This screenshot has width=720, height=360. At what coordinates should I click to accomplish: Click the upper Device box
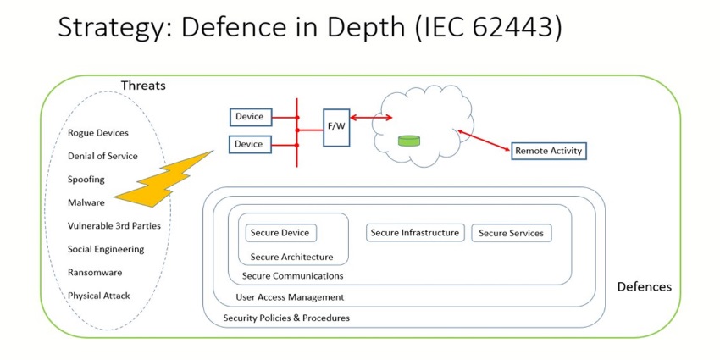[248, 117]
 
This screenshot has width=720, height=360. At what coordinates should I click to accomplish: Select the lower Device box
[248, 144]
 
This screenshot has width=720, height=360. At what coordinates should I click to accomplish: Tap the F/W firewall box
[336, 127]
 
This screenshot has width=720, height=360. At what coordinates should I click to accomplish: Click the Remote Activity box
[548, 151]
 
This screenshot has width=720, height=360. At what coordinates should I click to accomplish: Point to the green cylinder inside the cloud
[410, 140]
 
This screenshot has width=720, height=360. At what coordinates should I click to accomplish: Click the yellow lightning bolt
[166, 180]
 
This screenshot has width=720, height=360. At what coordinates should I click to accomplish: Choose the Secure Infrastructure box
[415, 233]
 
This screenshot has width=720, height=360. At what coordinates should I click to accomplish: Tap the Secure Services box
[511, 233]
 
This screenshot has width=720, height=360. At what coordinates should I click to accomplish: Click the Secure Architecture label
[291, 257]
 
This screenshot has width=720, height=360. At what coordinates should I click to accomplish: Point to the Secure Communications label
[292, 275]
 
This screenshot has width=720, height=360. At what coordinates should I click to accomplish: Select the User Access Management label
[290, 297]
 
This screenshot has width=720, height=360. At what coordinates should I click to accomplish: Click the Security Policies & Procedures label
[286, 318]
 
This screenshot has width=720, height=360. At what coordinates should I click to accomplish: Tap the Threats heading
[143, 86]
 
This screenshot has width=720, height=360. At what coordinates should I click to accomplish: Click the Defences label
[644, 286]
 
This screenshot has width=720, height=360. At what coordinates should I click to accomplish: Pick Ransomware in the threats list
[96, 273]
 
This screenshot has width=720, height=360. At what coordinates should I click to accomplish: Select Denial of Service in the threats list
[102, 156]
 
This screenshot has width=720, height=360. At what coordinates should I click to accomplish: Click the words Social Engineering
[106, 249]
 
